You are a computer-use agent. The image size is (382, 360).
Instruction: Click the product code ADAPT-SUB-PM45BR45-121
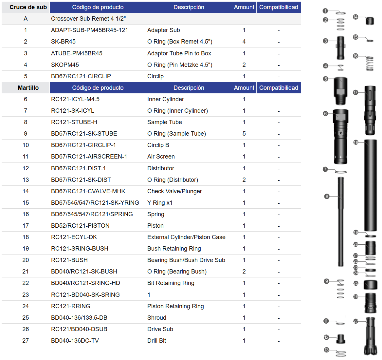click(89, 30)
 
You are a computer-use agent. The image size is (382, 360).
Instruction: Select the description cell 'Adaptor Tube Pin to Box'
click(179, 53)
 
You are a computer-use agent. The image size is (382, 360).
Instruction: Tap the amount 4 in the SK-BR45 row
click(244, 42)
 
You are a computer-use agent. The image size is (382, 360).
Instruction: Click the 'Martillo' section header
click(28, 88)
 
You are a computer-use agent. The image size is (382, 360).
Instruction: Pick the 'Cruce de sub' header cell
click(28, 7)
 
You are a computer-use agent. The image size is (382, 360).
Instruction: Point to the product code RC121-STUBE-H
click(74, 122)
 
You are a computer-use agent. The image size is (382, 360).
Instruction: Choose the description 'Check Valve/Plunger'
click(174, 191)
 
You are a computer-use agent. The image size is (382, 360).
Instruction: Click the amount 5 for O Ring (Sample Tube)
click(244, 134)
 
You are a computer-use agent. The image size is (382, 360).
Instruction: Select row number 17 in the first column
click(26, 226)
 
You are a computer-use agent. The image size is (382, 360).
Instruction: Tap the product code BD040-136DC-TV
click(75, 340)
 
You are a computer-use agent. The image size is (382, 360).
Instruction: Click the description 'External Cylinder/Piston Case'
click(186, 237)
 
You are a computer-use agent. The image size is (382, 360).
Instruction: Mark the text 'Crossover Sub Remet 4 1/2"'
click(88, 19)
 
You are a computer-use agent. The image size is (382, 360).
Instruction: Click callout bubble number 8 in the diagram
click(327, 197)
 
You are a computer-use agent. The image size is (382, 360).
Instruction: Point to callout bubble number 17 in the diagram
click(355, 92)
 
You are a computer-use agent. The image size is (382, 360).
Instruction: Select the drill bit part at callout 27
click(371, 336)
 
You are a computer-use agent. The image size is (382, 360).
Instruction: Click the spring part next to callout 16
click(370, 64)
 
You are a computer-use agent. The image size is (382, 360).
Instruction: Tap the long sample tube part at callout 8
click(340, 221)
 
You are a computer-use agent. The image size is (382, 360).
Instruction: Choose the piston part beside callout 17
click(370, 110)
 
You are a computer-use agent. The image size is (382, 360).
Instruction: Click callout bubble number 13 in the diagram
click(326, 350)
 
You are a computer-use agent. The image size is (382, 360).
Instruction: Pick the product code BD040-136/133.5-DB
click(79, 318)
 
